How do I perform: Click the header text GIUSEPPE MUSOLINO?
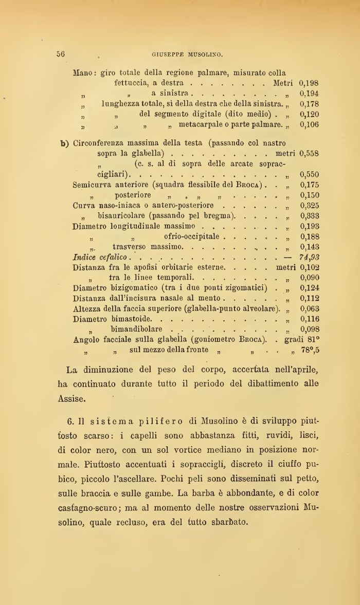tap(187, 53)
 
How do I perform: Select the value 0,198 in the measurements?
tap(309, 83)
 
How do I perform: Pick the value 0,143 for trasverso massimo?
tap(310, 247)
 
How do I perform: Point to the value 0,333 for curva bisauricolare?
tap(310, 215)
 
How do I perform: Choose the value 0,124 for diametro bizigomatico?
tap(310, 288)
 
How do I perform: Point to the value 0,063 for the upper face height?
tap(310, 308)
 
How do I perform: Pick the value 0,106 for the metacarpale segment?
tap(309, 124)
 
